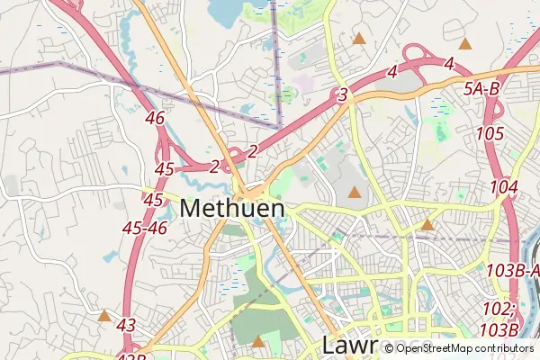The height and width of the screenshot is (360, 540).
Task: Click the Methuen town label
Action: coord(232,208)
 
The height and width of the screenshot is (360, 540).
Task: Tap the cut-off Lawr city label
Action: coord(351,345)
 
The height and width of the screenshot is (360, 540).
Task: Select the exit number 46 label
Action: coord(155,119)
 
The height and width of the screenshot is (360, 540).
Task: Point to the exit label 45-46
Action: coord(145,229)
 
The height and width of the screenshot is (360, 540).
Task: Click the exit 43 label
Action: coord(126,325)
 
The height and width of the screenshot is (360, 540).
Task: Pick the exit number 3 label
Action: coord(342,94)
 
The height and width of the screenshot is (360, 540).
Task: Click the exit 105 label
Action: coord(490,133)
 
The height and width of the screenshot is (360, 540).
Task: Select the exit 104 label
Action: coord(504,187)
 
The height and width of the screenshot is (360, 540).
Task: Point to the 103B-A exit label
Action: coord(512,270)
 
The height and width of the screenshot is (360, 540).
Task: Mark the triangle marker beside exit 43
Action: coord(105,316)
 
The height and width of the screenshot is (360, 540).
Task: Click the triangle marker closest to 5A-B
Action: coord(465,43)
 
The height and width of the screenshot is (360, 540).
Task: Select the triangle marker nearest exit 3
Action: coord(359,39)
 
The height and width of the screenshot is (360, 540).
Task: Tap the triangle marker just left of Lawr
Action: coord(259,341)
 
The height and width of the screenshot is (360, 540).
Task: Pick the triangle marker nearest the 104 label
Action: coord(427,224)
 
